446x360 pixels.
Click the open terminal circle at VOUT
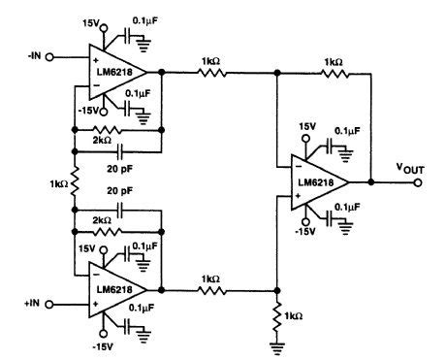point(419,181)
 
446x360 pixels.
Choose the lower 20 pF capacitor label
point(120,192)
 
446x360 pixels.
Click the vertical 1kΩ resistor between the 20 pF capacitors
point(74,181)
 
